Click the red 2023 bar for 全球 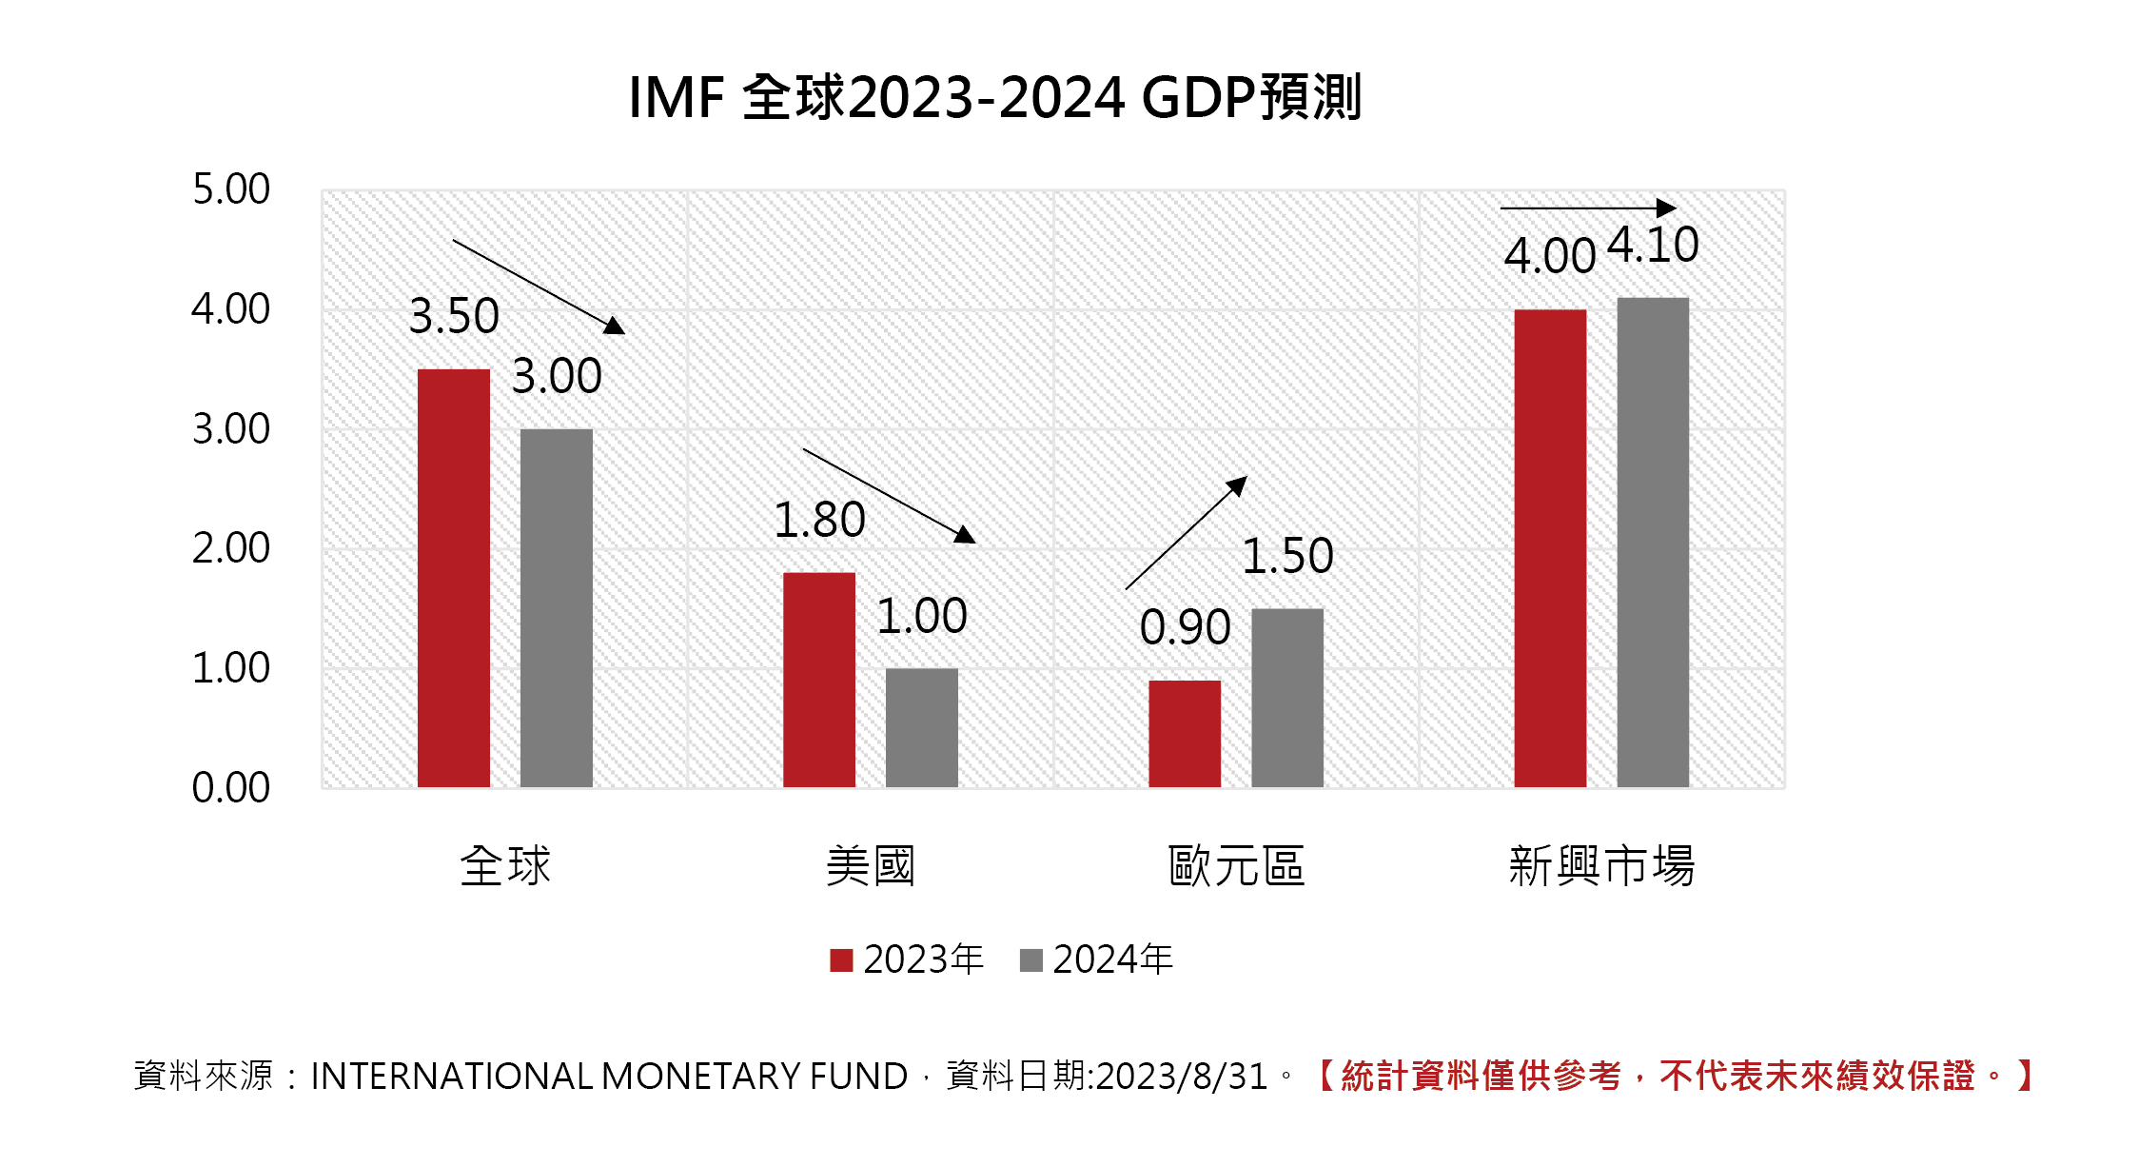(x=454, y=578)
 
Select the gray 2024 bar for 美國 (x=921, y=727)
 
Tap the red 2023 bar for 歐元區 (x=1185, y=733)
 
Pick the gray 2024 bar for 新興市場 (x=1653, y=542)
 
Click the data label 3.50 (x=454, y=316)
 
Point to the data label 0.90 (x=1185, y=627)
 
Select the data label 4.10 (x=1653, y=246)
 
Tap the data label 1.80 (x=819, y=521)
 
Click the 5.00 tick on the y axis (x=231, y=189)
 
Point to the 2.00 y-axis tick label (x=231, y=548)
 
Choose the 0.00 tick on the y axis (x=231, y=788)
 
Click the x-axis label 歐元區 (x=1236, y=866)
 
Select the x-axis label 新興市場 (x=1601, y=866)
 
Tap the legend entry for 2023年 (x=907, y=959)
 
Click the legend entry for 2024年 (x=1096, y=959)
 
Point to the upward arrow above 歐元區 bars (x=1186, y=533)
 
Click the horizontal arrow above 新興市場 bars (x=1587, y=208)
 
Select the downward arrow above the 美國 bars (x=889, y=495)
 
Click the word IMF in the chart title (x=677, y=98)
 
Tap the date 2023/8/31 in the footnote (x=1182, y=1077)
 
